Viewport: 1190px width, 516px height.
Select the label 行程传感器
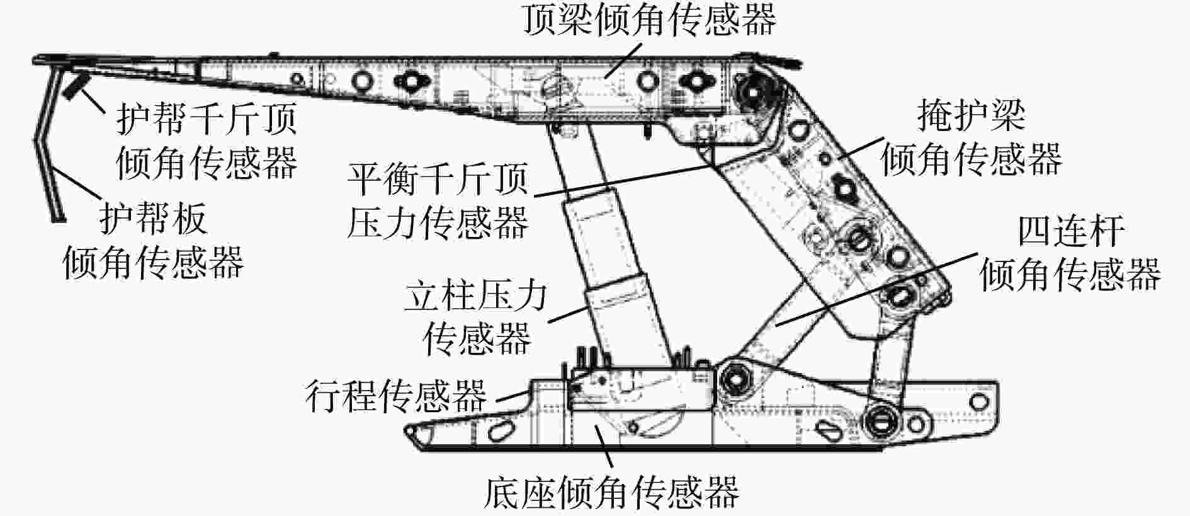(x=396, y=395)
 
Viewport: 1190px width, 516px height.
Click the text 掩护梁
(x=971, y=115)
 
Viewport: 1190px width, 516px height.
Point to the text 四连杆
(x=1070, y=232)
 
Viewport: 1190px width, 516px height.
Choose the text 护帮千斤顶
(x=206, y=119)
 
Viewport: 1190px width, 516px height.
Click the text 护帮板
(x=153, y=219)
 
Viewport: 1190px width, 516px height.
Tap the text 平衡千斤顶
(x=438, y=179)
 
